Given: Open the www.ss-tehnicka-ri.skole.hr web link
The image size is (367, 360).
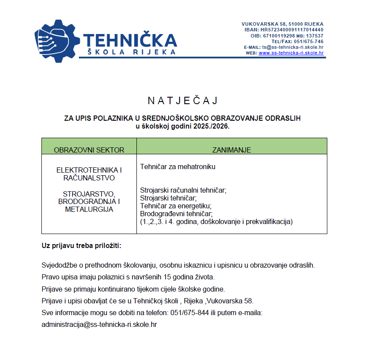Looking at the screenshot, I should (x=291, y=53).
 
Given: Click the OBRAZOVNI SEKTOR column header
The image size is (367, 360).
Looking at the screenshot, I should (x=89, y=150).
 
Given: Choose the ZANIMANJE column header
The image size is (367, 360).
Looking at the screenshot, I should (x=231, y=150).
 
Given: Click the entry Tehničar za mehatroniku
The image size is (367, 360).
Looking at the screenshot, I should (x=178, y=166).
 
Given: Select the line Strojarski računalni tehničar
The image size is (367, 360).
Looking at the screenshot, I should (x=183, y=190).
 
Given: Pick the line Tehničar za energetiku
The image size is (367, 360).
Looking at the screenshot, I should (x=176, y=206).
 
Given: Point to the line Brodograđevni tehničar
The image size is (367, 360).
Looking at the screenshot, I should (x=176, y=214).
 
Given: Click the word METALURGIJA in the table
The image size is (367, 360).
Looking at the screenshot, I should (x=89, y=209).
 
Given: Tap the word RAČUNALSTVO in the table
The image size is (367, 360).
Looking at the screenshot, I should (x=89, y=178).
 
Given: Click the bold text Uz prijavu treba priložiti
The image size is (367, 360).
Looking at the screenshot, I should (x=82, y=245).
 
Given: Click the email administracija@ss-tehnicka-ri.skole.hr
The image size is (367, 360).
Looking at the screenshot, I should (x=99, y=325).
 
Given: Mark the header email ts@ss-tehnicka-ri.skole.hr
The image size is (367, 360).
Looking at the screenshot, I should (x=292, y=47).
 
